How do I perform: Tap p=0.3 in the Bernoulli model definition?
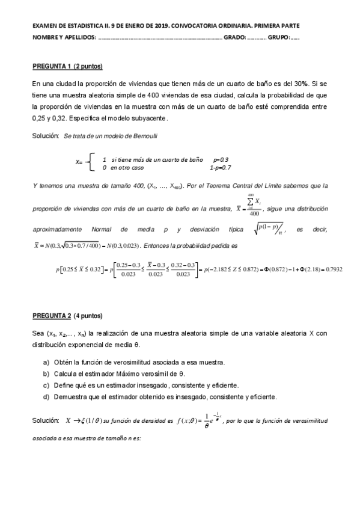221,159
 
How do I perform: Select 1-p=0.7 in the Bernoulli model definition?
221,167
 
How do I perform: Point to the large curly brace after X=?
89,162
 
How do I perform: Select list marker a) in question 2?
46,362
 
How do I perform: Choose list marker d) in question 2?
46,396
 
